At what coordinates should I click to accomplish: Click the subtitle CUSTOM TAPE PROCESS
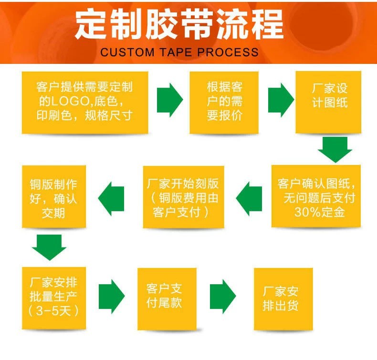[179, 52]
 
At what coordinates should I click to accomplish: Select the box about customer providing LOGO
[85, 102]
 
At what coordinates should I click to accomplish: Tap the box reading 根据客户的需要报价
[224, 102]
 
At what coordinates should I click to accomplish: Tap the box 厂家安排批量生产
[54, 298]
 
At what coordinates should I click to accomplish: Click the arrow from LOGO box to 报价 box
[170, 100]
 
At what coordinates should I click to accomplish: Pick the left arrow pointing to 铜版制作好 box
[111, 198]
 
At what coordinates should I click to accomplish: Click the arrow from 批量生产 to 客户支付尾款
[112, 296]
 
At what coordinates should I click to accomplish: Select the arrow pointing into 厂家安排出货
[223, 296]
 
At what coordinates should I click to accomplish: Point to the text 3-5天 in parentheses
[54, 311]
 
